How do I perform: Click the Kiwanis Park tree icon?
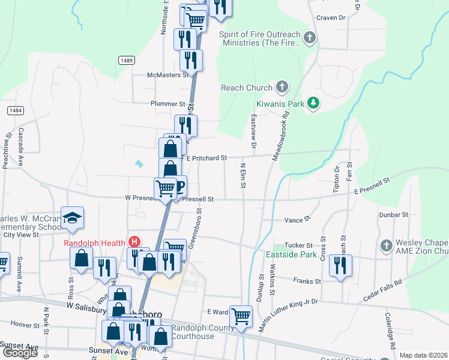pyautogui.click(x=313, y=104)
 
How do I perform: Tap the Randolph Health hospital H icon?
pyautogui.click(x=135, y=242)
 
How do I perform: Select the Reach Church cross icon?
pyautogui.click(x=282, y=88)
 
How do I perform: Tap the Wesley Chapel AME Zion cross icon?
pyautogui.click(x=386, y=245)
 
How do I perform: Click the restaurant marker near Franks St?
pyautogui.click(x=341, y=265)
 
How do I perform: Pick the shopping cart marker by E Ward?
pyautogui.click(x=241, y=315)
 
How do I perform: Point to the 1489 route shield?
pyautogui.click(x=126, y=60)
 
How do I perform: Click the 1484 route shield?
pyautogui.click(x=16, y=110)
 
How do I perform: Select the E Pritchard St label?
pyautogui.click(x=206, y=158)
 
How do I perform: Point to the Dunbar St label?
pyautogui.click(x=393, y=214)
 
